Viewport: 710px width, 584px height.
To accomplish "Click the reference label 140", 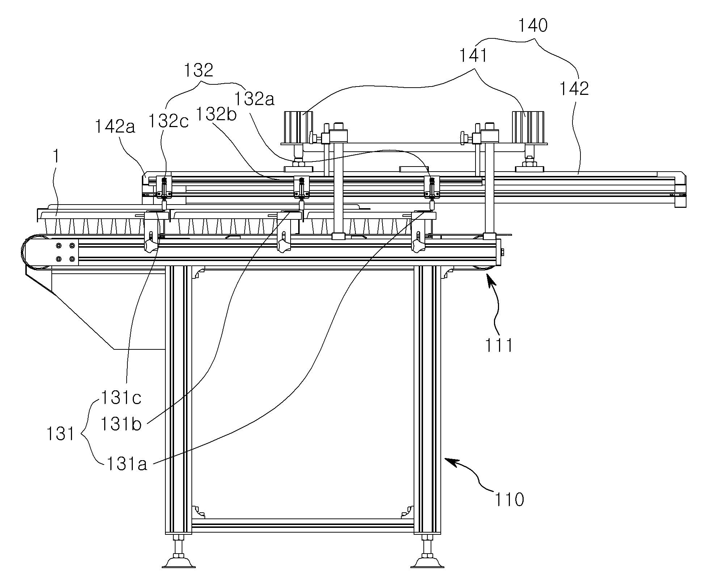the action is tap(533, 26).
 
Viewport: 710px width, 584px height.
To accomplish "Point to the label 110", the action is tap(509, 500).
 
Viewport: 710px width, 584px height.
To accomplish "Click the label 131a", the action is tap(127, 464).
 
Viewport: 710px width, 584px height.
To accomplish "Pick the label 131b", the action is tap(121, 424).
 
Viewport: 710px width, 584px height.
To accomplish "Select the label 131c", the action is tap(121, 398).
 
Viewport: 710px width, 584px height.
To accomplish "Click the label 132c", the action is tap(168, 121).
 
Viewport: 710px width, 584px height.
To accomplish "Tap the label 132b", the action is tap(216, 114).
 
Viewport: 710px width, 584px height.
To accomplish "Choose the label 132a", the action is tap(254, 98).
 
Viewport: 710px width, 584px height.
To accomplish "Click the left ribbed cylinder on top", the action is tap(298, 128).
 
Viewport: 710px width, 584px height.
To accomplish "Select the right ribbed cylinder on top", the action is tap(528, 128).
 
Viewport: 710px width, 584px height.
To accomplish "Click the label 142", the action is tap(574, 89).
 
